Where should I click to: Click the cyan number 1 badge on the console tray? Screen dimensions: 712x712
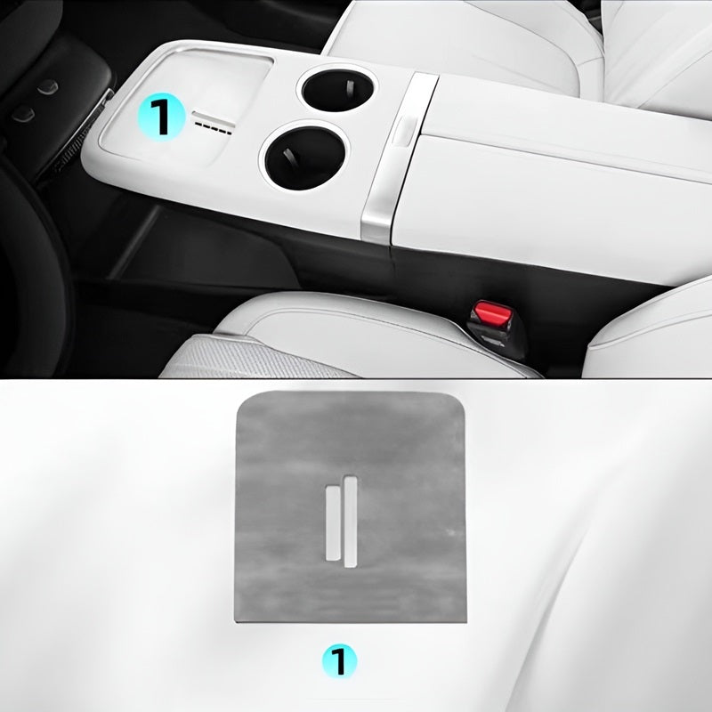[x=162, y=117]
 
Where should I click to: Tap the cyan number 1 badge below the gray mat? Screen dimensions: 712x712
[x=340, y=661]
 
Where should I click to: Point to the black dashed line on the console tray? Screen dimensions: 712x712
[x=213, y=128]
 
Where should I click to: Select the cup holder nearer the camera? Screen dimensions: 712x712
[x=304, y=157]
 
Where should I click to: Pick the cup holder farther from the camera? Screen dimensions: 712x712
[x=337, y=91]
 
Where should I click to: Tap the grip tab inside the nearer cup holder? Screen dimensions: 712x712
[x=288, y=158]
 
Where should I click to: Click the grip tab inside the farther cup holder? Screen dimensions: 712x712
[x=350, y=86]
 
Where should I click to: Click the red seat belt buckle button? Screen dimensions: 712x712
[x=491, y=312]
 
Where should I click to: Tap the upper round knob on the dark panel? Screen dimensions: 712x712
[x=48, y=86]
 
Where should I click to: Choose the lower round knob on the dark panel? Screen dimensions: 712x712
[x=24, y=114]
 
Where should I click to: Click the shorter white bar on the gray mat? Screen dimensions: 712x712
[x=333, y=522]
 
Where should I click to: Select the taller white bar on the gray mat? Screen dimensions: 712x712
[x=350, y=521]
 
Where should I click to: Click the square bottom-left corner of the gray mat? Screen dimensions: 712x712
[x=235, y=620]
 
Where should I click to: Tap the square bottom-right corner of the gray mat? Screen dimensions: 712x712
[x=465, y=621]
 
